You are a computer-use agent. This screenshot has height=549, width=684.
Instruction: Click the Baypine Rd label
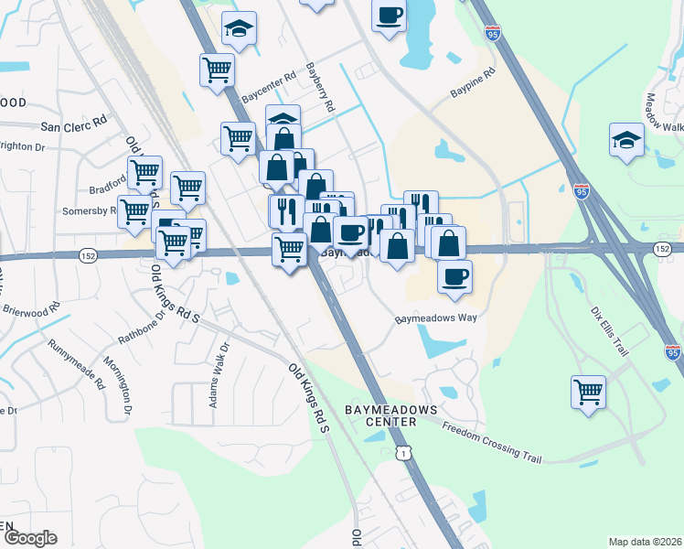(x=472, y=81)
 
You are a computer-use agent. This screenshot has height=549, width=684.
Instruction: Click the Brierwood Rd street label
(x=30, y=309)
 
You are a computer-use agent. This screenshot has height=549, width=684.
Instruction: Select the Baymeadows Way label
(x=437, y=318)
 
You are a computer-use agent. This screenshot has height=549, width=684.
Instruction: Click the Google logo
(x=29, y=537)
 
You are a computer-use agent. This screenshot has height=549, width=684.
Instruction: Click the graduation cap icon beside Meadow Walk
(x=626, y=141)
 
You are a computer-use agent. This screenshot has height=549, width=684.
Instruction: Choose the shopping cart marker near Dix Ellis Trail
(x=588, y=392)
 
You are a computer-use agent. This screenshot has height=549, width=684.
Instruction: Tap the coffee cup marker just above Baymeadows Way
(x=454, y=275)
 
